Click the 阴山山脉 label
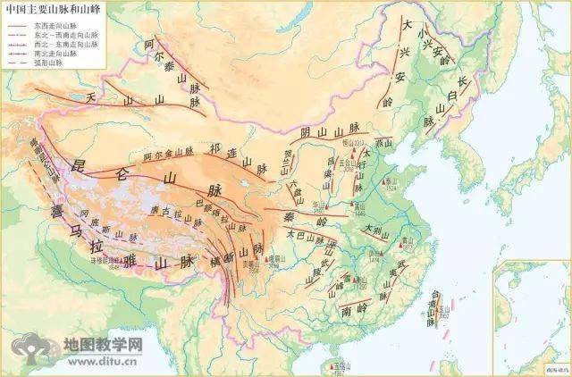tap(322, 133)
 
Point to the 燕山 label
tap(383, 142)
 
